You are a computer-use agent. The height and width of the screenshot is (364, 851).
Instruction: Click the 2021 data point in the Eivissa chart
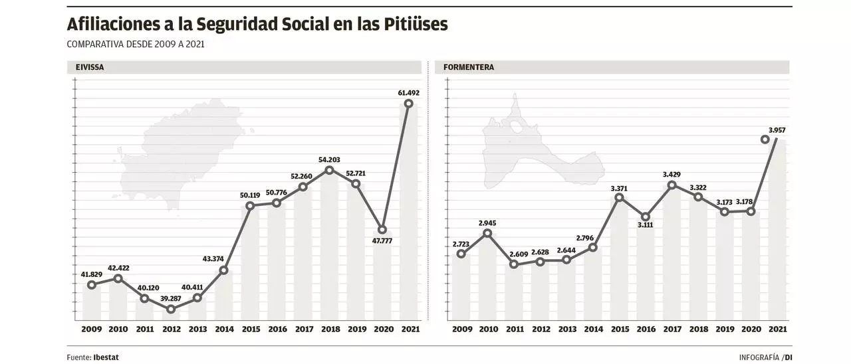coord(409,104)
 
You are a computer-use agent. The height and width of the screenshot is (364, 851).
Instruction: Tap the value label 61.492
coord(408,92)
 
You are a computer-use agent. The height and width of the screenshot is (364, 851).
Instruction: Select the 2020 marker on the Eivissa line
coord(382,230)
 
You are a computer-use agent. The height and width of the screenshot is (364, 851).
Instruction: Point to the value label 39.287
coord(171,298)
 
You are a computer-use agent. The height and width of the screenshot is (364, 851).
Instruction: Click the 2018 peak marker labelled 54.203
coord(329,171)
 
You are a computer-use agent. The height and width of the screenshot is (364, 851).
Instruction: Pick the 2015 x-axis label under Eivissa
coord(250,329)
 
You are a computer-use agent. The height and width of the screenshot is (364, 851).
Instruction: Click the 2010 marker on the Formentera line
coord(487,233)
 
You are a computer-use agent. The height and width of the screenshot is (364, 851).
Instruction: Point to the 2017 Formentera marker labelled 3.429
coord(672,185)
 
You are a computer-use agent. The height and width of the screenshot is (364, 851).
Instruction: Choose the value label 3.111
coord(646,226)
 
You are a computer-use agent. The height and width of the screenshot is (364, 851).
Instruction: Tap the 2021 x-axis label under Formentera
coord(777,329)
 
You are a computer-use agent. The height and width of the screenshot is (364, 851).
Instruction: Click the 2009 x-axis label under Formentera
coord(461,329)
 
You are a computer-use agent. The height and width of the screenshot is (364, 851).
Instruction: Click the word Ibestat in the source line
coord(106,357)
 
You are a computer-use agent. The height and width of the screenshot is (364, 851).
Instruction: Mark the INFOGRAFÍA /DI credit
coord(765,357)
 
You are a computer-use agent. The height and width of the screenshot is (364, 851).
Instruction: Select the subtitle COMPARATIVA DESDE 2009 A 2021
coord(135,44)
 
